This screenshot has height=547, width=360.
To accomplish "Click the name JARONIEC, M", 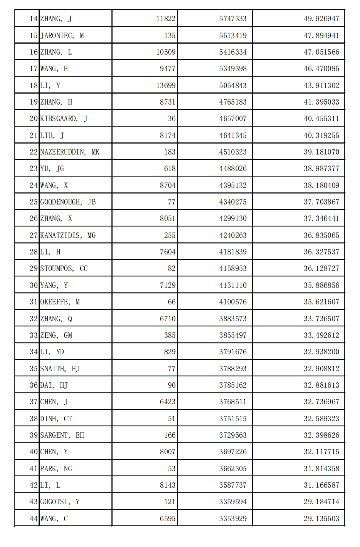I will tap(62, 36).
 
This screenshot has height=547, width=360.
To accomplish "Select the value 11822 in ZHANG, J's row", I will tap(166, 19).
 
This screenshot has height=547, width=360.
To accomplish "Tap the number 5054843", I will tap(233, 86).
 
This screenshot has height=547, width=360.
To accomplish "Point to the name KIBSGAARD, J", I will tap(64, 119).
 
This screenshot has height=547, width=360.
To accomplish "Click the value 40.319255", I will tap(321, 135).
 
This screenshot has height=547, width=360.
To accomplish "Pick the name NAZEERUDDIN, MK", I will tap(70, 152).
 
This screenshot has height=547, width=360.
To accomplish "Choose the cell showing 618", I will tap(170, 169).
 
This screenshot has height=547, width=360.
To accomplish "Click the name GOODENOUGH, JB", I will tap(68, 202).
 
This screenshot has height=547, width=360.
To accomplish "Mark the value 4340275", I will tap(233, 202).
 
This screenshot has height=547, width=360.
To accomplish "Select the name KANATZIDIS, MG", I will tap(68, 235).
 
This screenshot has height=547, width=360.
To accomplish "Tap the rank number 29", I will tap(34, 268).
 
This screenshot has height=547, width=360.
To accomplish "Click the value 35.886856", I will tap(321, 285).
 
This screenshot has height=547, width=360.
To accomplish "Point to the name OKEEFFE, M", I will tap(60, 302).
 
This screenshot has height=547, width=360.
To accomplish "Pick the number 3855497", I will tap(233, 335).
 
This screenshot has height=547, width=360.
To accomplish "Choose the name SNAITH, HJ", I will tap(60, 369).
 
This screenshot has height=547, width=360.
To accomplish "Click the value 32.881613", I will tap(321, 385).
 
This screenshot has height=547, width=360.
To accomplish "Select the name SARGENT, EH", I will tap(62, 435).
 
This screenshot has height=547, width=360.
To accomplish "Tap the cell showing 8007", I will tap(168, 452).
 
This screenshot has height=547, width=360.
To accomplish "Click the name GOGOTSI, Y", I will tap(60, 502).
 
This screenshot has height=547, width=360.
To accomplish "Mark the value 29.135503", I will tap(321, 519).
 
